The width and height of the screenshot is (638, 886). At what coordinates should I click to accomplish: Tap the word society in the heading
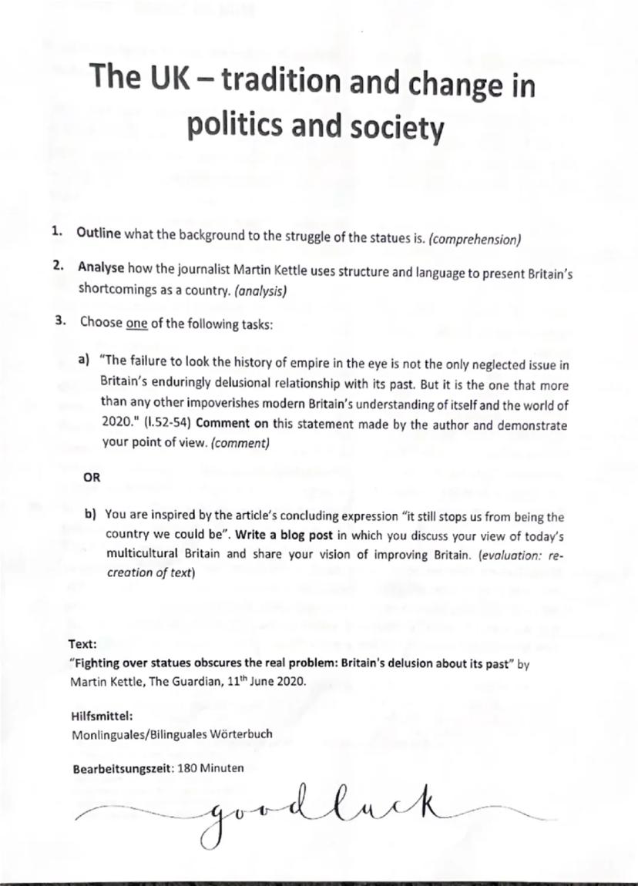click(x=393, y=128)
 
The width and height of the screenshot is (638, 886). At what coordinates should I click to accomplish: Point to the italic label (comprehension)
click(x=475, y=239)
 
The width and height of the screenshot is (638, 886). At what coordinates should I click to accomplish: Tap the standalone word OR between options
click(x=91, y=478)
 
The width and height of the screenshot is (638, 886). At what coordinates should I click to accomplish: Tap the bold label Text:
click(x=82, y=643)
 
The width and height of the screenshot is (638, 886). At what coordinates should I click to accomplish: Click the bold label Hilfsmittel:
click(x=96, y=715)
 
